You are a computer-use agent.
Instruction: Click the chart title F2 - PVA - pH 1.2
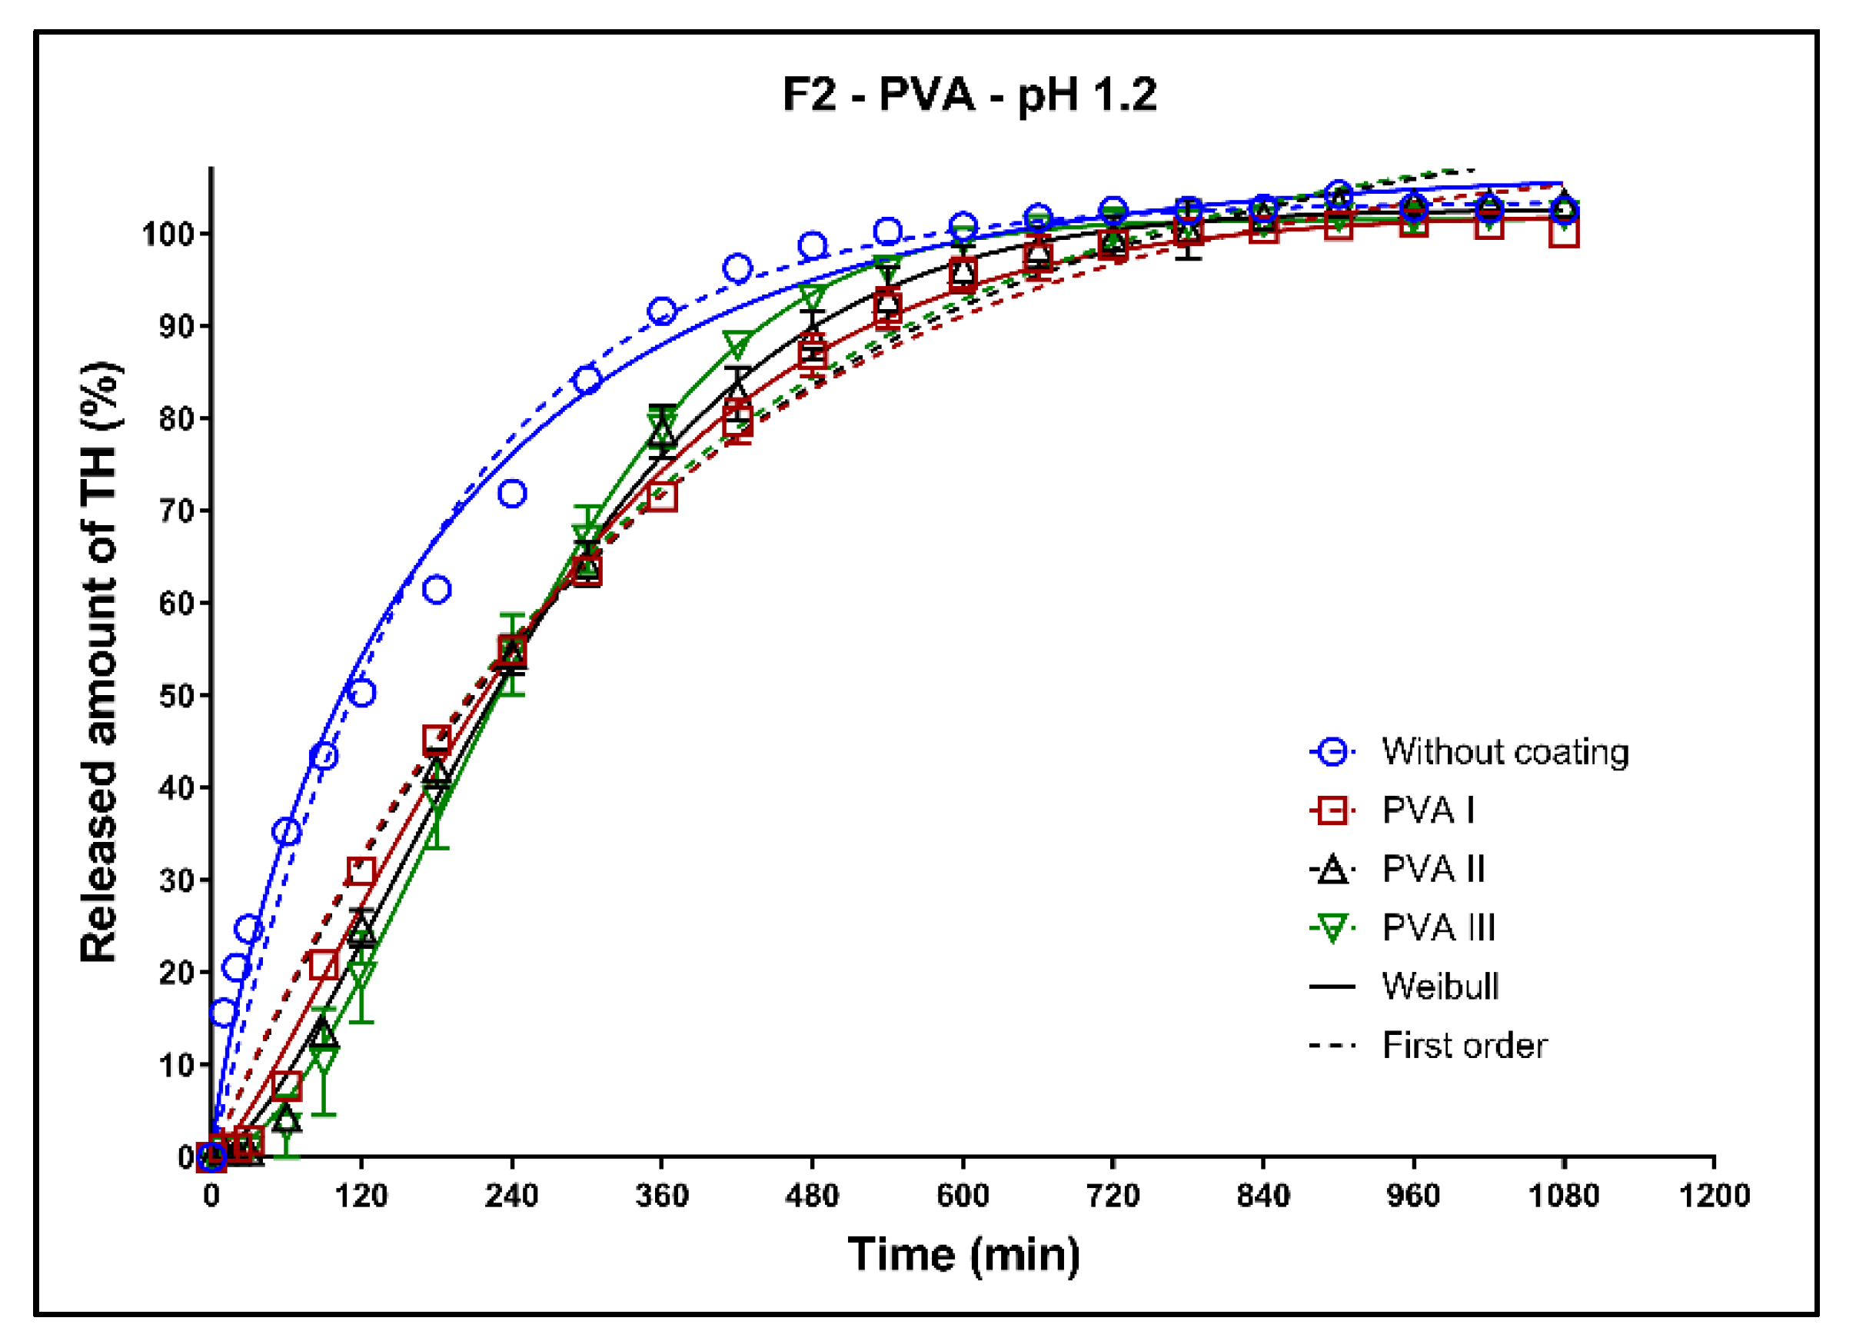969,95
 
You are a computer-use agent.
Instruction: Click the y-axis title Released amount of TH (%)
101,662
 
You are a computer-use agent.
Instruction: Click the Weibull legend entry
1439,987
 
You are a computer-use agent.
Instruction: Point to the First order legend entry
1464,1046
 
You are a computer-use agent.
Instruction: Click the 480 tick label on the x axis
812,1196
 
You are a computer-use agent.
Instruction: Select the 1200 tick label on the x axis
1714,1196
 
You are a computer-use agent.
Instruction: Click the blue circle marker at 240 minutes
511,494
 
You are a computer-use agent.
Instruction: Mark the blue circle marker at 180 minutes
437,589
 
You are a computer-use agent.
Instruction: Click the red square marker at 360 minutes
661,497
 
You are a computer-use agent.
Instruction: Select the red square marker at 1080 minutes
1563,232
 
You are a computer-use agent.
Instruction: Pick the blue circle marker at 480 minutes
812,246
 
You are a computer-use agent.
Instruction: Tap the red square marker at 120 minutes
361,870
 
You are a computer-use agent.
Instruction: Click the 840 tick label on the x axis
1262,1196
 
